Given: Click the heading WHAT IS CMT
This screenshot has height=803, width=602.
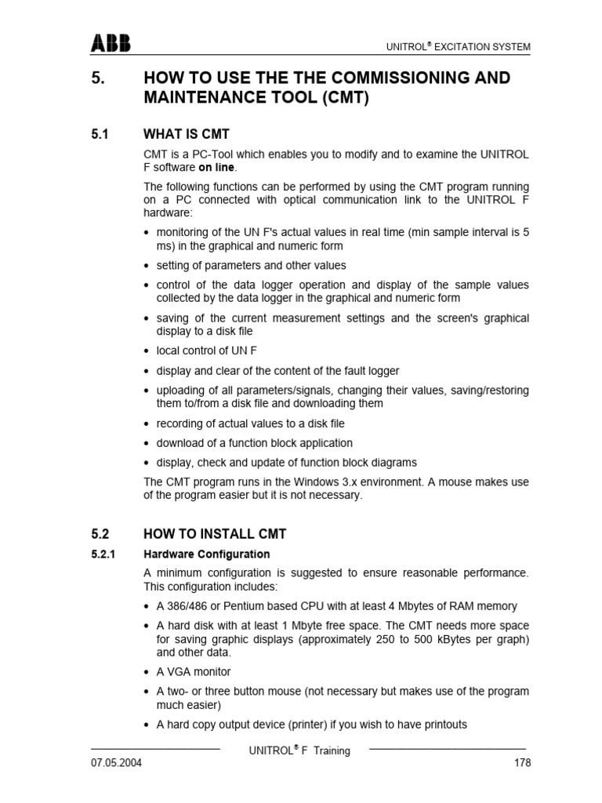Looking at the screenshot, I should click(x=187, y=134).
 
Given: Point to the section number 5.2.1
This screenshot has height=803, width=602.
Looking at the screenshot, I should click(x=104, y=554).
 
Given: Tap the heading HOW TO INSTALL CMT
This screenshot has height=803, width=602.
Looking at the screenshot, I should click(x=215, y=534).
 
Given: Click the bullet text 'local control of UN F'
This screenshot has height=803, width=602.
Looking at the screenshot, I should click(x=207, y=351).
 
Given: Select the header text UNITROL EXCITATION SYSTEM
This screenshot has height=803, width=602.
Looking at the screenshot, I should click(x=459, y=47).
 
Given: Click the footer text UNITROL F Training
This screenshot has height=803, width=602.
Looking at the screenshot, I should click(x=299, y=750).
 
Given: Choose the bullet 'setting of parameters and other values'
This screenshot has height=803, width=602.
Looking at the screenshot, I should click(x=251, y=265).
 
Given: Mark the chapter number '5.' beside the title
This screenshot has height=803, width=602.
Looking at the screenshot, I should click(x=99, y=78).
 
